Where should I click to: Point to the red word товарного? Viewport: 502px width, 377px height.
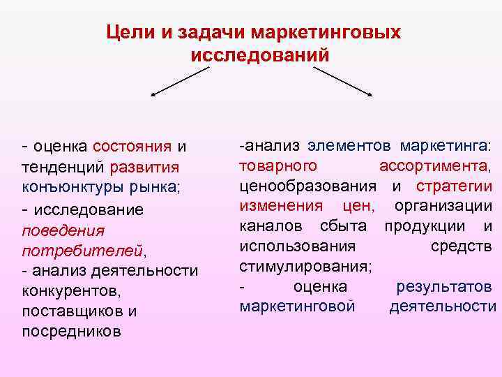coord(278,166)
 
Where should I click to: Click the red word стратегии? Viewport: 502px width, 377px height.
coord(454,186)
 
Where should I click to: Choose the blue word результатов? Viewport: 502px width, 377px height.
coord(444,286)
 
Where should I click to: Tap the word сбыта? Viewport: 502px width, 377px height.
coord(347,226)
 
